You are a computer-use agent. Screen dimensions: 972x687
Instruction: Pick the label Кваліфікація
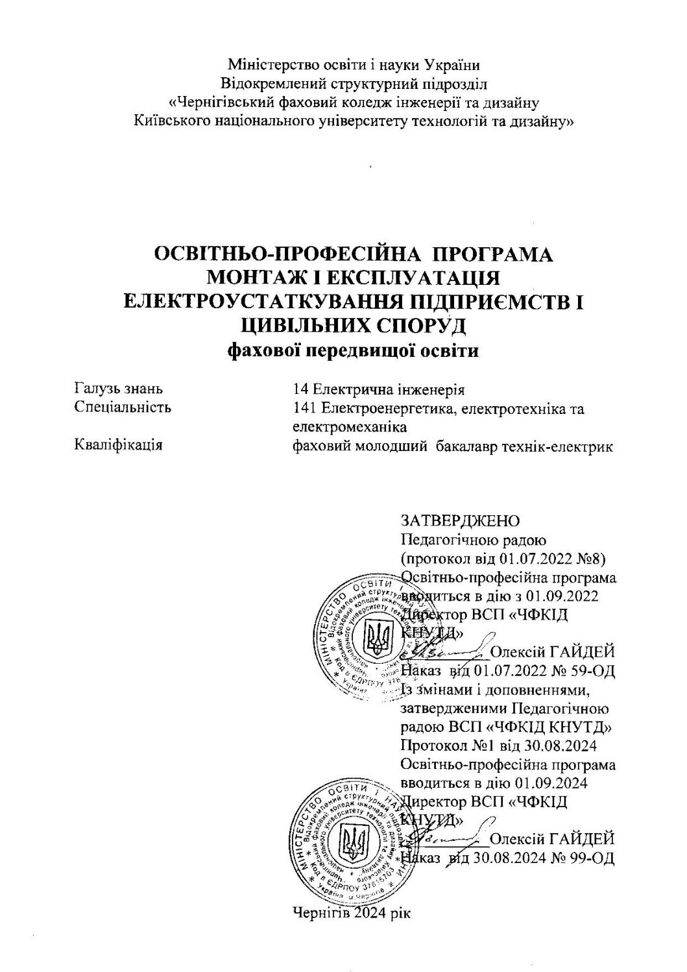pyautogui.click(x=118, y=445)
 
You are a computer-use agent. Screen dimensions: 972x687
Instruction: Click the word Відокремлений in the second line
pyautogui.click(x=272, y=83)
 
